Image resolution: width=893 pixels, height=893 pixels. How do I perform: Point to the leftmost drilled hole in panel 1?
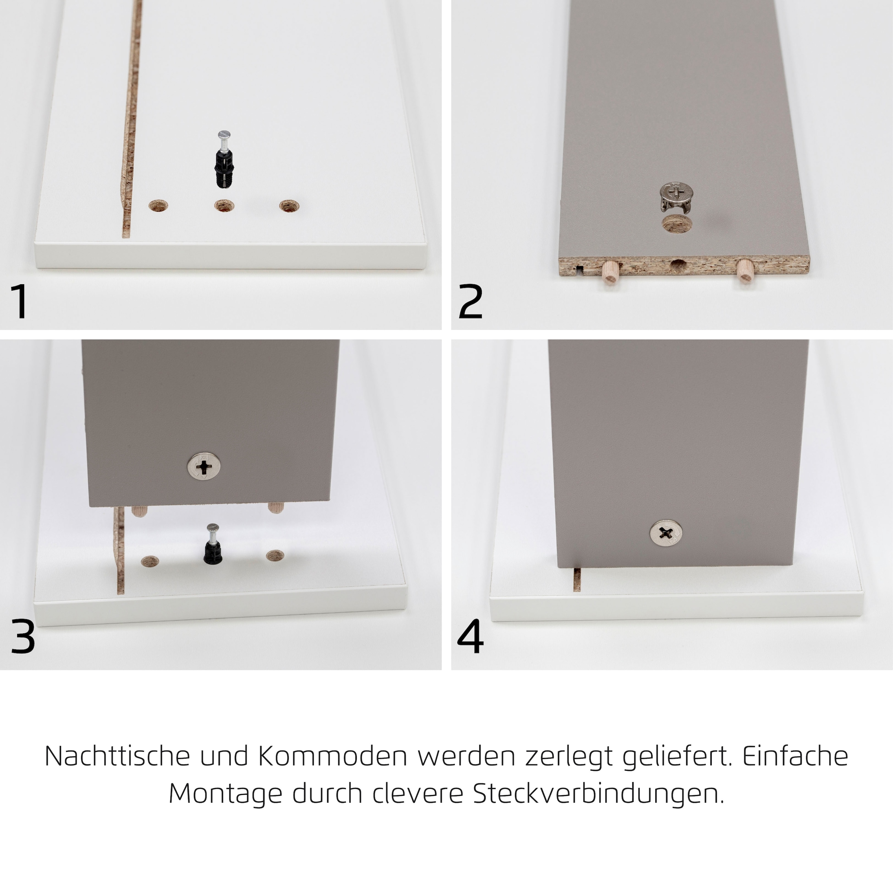point(158,206)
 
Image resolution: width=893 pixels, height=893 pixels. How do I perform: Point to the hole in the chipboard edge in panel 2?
point(678,266)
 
